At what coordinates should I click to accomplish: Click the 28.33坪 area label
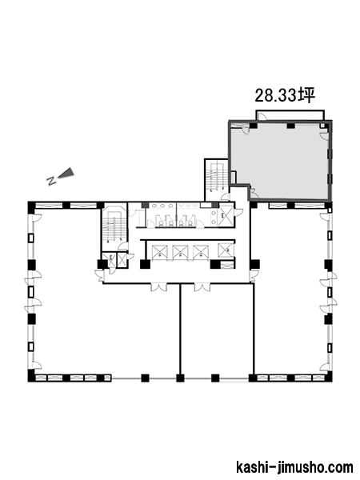coord(285,95)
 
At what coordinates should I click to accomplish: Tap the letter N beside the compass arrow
coord(51,181)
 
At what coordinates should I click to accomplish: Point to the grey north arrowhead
coord(66,173)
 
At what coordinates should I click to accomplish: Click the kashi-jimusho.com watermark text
coord(294,468)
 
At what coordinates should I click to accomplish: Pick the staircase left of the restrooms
coord(114,226)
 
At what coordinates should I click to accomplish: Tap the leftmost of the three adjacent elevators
coord(160,252)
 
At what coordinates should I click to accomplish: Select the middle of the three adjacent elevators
coord(180,252)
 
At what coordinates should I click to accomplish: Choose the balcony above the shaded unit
coord(290,115)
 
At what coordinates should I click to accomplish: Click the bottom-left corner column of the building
coord(32,376)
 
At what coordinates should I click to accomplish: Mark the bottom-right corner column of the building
coord(329,376)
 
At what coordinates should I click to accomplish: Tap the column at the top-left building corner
coord(32,207)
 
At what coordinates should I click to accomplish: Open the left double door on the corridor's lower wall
coord(159,287)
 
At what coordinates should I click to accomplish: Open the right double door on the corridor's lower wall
coord(202,287)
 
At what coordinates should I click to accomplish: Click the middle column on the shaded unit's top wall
coord(290,126)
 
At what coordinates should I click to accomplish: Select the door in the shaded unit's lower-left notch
coord(254,191)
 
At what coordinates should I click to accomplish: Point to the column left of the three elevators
coord(145,264)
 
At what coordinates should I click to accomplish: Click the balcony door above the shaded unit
coord(262,116)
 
